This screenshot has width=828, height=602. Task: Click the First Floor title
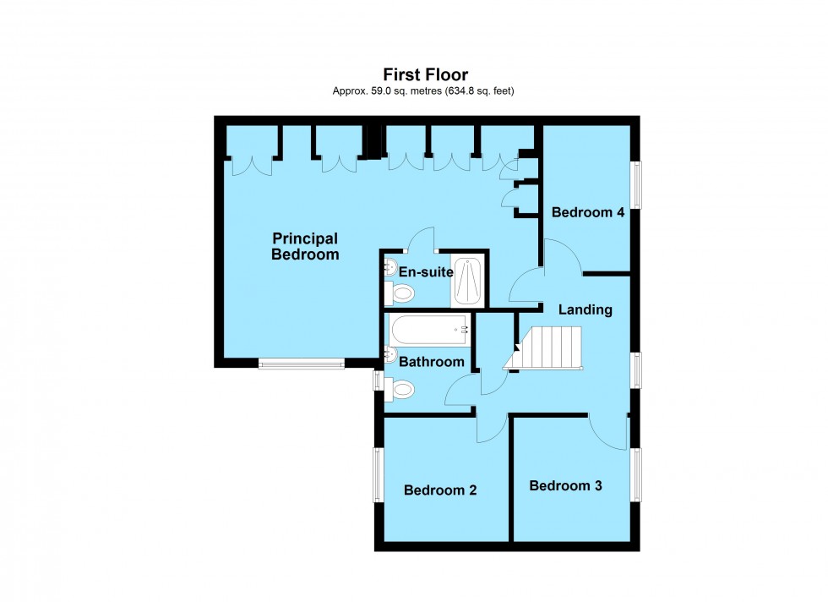point(425,75)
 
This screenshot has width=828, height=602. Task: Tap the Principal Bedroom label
point(305,246)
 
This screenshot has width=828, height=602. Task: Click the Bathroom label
point(432,362)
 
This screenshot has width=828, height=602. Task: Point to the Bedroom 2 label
point(440,490)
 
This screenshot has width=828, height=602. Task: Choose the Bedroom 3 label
point(566,485)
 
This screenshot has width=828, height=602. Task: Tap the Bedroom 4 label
point(588,212)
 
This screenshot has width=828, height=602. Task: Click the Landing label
point(585,309)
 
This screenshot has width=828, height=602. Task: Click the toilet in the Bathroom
point(400,390)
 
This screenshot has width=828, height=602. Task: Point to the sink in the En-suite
point(389,268)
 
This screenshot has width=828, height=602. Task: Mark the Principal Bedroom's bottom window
point(302,364)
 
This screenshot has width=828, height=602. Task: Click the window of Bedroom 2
point(378,474)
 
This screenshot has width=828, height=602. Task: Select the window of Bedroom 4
point(638,184)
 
